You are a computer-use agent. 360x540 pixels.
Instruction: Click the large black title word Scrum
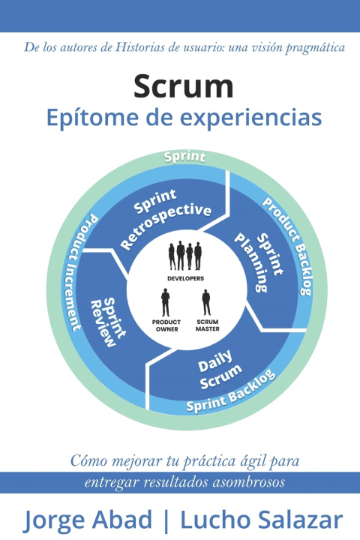(x=184, y=87)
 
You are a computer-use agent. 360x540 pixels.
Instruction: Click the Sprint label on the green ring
(x=185, y=157)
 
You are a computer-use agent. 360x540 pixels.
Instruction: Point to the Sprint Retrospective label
(x=165, y=218)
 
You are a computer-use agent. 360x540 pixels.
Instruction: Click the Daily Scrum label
(x=220, y=370)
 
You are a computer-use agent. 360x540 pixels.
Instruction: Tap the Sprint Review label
(x=108, y=322)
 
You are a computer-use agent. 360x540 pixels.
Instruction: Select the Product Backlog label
(x=288, y=246)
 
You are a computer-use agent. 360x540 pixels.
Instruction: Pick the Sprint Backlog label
(x=231, y=390)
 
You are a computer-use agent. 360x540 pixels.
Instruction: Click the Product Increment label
(x=83, y=272)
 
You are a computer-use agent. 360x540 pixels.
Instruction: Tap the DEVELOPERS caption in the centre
(x=186, y=278)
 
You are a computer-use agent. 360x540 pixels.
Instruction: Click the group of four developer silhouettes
(x=185, y=256)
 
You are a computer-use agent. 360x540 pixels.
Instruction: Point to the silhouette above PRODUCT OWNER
(x=166, y=302)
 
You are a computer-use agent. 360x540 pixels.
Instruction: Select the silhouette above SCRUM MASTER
(x=206, y=302)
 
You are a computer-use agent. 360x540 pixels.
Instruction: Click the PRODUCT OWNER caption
(x=166, y=325)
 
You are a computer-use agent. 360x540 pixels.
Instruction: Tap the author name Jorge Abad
(x=88, y=520)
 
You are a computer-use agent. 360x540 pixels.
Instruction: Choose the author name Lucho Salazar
(x=262, y=520)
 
